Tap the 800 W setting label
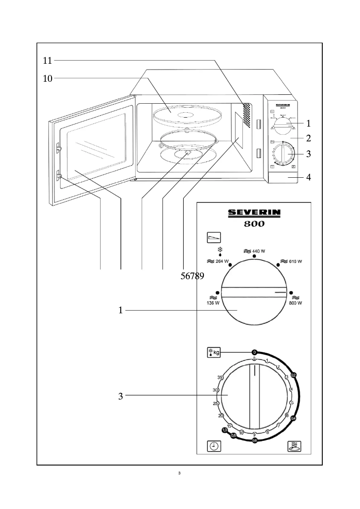[296, 303]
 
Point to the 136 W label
[213, 303]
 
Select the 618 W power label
[292, 261]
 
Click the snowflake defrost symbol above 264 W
[220, 250]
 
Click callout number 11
[48, 60]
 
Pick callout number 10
[48, 79]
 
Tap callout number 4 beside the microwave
[308, 177]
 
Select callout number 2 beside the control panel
[308, 137]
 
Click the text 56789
[192, 276]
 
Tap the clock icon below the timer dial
[214, 446]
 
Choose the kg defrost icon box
[214, 352]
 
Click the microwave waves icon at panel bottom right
[294, 446]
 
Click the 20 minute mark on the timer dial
[221, 416]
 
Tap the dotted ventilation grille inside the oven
[246, 114]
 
